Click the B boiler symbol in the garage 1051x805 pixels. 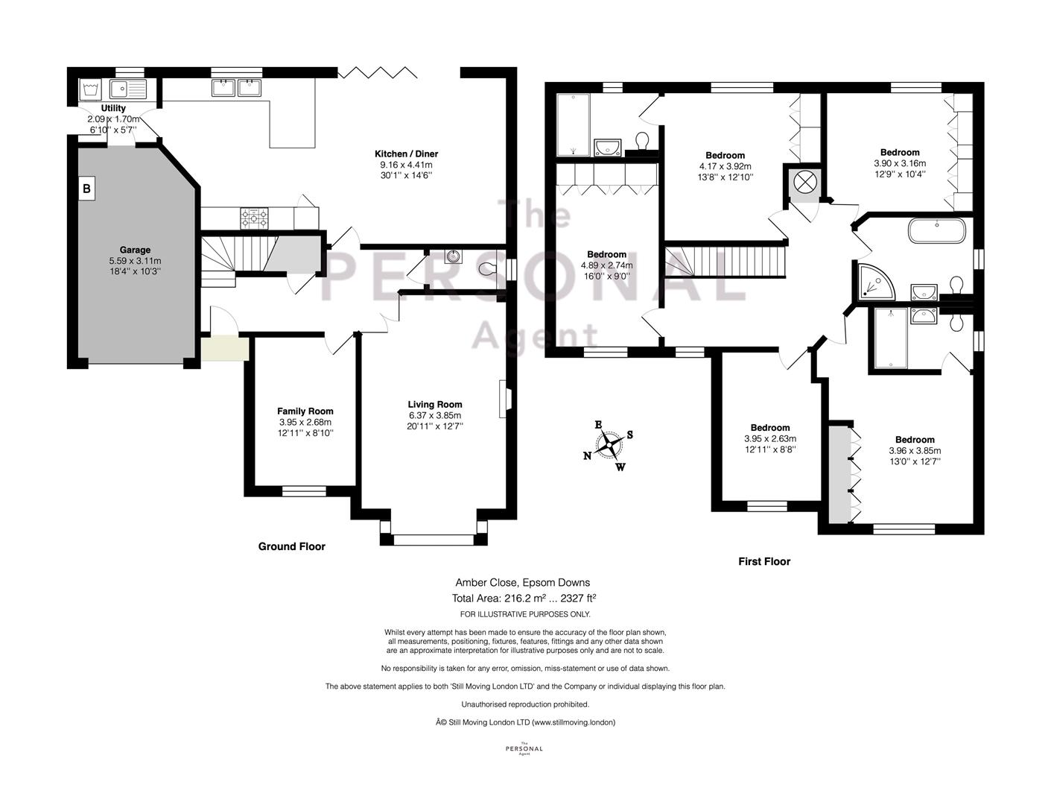coord(86,189)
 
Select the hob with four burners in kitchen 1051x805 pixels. coord(254,218)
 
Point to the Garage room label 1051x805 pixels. coord(135,250)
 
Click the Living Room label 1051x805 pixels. coord(435,405)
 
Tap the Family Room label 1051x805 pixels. coord(305,411)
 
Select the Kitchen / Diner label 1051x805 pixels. coord(406,154)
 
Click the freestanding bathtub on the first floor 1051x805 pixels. coord(936,231)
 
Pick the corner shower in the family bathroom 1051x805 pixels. coord(875,282)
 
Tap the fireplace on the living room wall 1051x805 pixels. coord(505,399)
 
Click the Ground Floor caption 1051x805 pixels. coord(291,546)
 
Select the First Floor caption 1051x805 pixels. coord(764,561)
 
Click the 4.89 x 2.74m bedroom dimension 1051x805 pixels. coord(606,265)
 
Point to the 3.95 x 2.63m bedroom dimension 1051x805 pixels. coord(770,438)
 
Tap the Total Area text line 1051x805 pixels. coord(524,598)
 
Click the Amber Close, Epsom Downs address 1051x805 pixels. coord(522,583)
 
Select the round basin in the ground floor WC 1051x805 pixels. coord(452,256)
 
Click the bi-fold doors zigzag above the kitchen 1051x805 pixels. coord(378,73)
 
